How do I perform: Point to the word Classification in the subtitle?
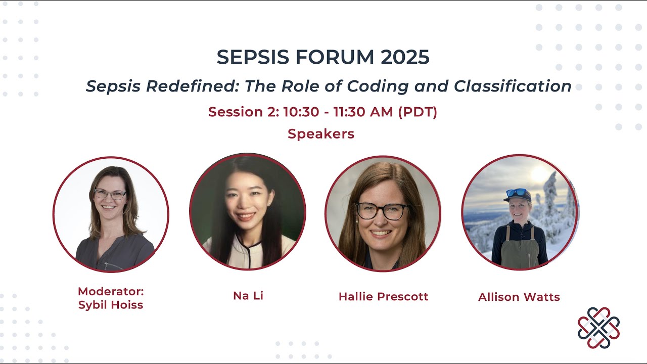[x=512, y=86]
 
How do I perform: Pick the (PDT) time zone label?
[x=418, y=112]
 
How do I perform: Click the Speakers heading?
[x=321, y=134]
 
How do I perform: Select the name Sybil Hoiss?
[x=111, y=305]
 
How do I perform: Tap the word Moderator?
[x=111, y=292]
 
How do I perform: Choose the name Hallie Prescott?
[x=383, y=297]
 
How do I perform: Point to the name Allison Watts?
[x=519, y=297]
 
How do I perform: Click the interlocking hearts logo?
[x=598, y=328]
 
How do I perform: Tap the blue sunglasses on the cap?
[x=516, y=192]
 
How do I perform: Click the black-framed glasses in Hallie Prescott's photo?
[x=382, y=211]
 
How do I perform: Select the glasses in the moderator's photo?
[x=110, y=194]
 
